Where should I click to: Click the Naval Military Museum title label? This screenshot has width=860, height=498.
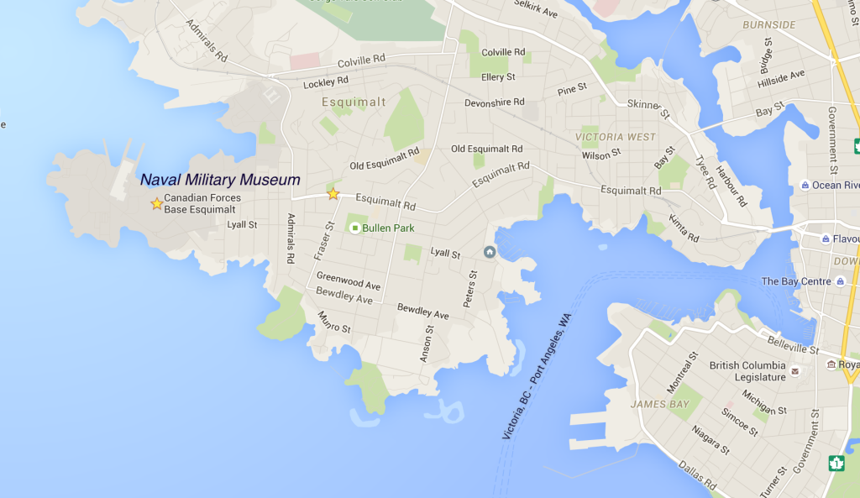coord(220,180)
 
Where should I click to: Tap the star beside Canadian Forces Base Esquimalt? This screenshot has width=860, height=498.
coord(156,203)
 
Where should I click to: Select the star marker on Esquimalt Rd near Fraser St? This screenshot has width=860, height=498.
coord(333,194)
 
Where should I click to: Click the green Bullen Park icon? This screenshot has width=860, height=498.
coord(354,228)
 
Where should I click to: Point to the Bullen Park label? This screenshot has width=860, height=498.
coord(388,228)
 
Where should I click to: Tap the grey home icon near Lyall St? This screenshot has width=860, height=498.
coord(490,252)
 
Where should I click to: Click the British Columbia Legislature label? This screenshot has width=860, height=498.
coord(747,371)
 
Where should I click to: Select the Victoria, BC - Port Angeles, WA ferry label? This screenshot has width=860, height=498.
coord(536,374)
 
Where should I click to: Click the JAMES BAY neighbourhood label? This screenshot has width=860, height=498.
coord(660,404)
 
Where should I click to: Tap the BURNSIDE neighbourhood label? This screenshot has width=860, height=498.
coord(768,24)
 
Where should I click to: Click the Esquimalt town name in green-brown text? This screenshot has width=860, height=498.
coord(354,102)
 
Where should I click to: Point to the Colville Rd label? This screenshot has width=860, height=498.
coord(361,61)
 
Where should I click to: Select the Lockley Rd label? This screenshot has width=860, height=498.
coord(326,82)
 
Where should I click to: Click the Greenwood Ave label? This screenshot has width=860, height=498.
coord(349,280)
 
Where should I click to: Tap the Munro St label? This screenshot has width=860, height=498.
coord(334,322)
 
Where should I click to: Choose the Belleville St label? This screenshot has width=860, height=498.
coord(794,344)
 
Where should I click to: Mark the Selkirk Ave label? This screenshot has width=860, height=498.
coord(536,11)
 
